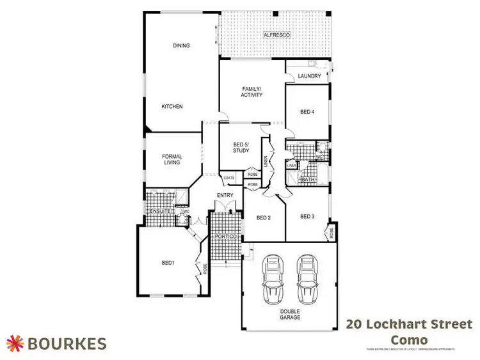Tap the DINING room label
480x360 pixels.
pos(180,45)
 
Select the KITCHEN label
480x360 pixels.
pos(172,106)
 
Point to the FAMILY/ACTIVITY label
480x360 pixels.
pos(252,91)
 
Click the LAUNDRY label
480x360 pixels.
pos(308,76)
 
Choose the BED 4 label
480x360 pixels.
pos(308,112)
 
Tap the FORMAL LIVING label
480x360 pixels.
pos(172,159)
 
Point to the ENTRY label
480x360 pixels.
pos(225,195)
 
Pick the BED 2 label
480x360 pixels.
pos(264,218)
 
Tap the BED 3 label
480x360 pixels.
pos(308,216)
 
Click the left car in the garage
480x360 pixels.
pos(273,279)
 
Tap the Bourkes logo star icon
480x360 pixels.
pos(15,343)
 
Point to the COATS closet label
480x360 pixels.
pos(229,178)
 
